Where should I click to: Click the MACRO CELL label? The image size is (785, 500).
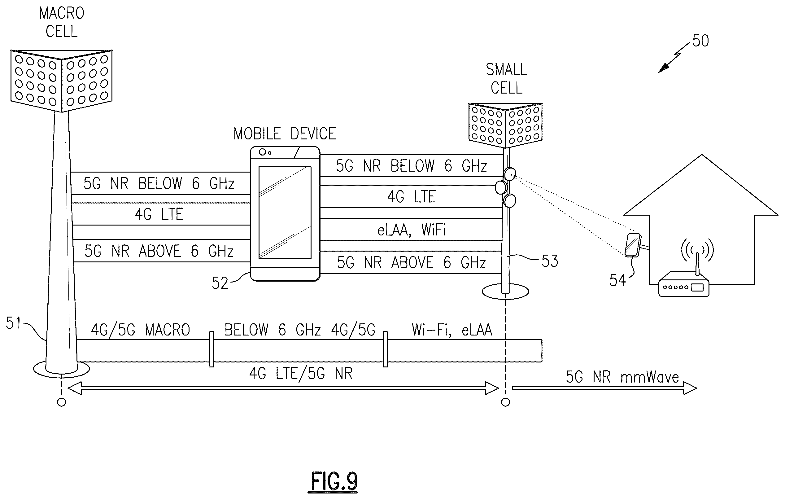pyautogui.click(x=62, y=23)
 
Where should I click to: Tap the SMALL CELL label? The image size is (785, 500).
pyautogui.click(x=506, y=79)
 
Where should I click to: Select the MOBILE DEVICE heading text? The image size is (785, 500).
pyautogui.click(x=285, y=134)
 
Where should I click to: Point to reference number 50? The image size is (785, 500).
pyautogui.click(x=700, y=41)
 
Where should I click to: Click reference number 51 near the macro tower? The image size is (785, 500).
pyautogui.click(x=13, y=323)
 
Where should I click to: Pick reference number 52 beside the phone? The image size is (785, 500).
pyautogui.click(x=220, y=283)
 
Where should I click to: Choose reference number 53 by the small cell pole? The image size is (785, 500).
pyautogui.click(x=550, y=261)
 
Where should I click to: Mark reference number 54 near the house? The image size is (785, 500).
pyautogui.click(x=617, y=280)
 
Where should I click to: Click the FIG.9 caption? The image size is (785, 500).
pyautogui.click(x=334, y=481)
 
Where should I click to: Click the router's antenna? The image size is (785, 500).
pyautogui.click(x=697, y=264)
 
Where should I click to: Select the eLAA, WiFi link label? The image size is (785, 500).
pyautogui.click(x=412, y=230)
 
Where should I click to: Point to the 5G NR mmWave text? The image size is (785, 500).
pyautogui.click(x=622, y=377)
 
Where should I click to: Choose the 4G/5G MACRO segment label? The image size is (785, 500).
pyautogui.click(x=141, y=330)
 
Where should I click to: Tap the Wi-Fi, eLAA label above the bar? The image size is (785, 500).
pyautogui.click(x=452, y=330)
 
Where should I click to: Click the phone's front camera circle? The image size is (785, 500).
pyautogui.click(x=262, y=152)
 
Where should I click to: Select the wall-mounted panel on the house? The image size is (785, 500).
pyautogui.click(x=632, y=245)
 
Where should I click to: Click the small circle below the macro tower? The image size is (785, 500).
pyautogui.click(x=61, y=402)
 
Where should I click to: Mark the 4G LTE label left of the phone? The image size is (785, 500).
pyautogui.click(x=159, y=214)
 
